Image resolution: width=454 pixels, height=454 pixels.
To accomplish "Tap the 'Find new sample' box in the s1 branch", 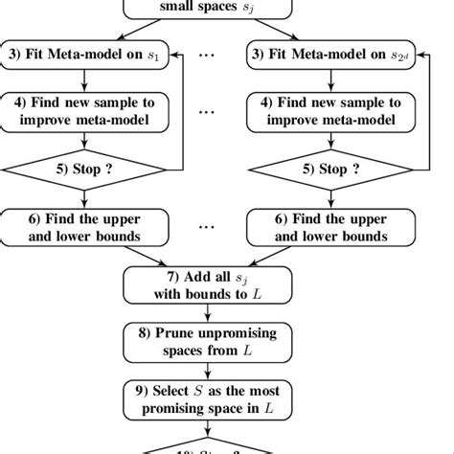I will tap(85, 110).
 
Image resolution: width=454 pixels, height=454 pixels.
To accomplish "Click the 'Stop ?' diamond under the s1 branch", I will tap(85, 170).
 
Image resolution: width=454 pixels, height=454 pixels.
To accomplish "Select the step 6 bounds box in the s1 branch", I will tap(85, 228).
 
